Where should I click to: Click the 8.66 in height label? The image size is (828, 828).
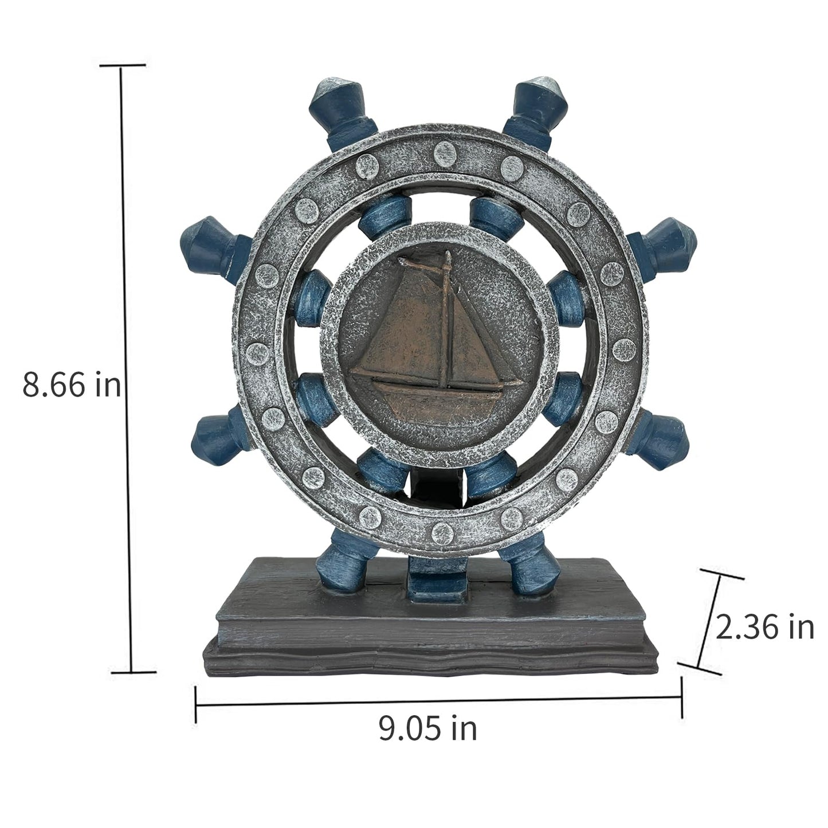(72, 385)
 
